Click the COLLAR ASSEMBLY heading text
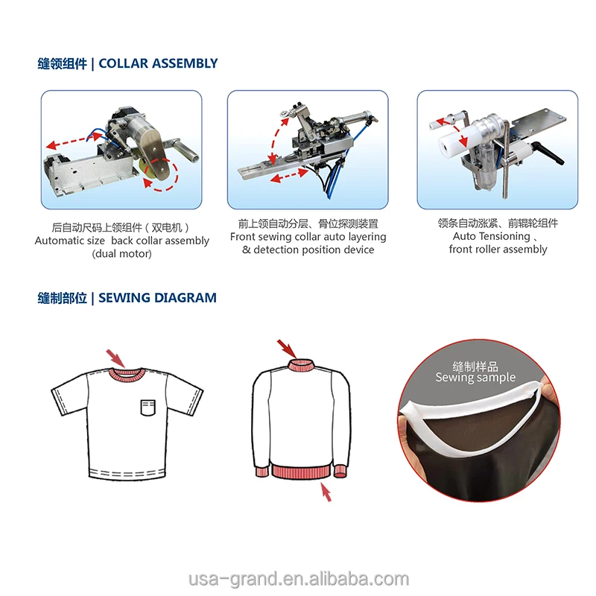click(x=158, y=63)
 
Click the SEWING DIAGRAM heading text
click(x=157, y=298)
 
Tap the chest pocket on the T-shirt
click(x=149, y=406)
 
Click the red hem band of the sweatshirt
click(x=301, y=472)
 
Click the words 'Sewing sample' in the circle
click(x=475, y=378)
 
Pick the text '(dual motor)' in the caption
click(x=121, y=254)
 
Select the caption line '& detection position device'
click(x=308, y=250)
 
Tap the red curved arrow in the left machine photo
click(x=166, y=176)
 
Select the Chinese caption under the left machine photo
click(x=121, y=226)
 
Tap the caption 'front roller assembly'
click(x=498, y=249)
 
